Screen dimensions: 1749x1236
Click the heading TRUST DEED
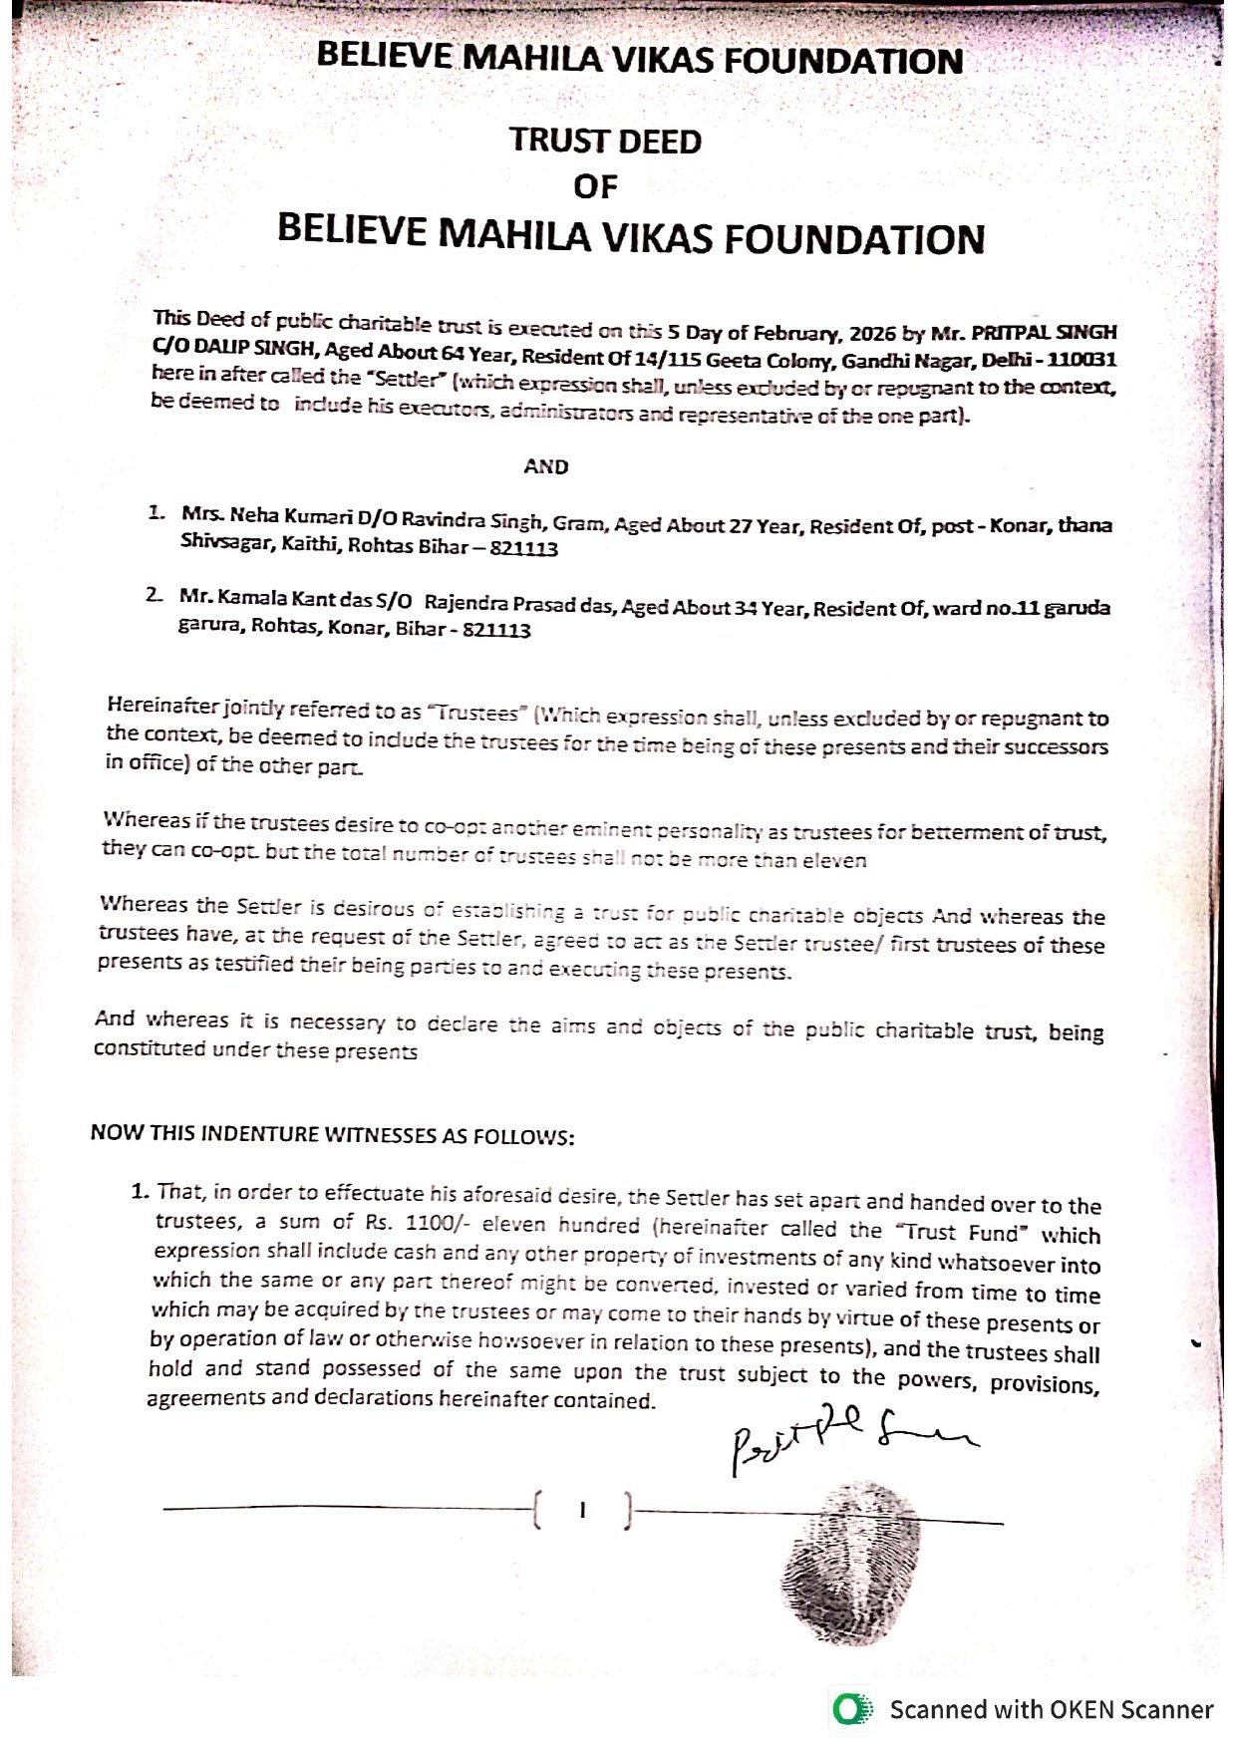pos(605,141)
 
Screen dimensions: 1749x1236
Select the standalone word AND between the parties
pos(546,466)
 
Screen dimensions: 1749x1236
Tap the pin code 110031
pos(1081,359)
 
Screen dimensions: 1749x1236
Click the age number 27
pos(741,525)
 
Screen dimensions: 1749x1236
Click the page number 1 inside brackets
pos(583,1510)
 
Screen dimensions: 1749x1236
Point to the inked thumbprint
pos(848,1560)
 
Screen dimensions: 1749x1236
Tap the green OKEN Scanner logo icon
pos(849,1710)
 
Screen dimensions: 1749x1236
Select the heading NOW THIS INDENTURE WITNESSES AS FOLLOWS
pos(332,1134)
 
